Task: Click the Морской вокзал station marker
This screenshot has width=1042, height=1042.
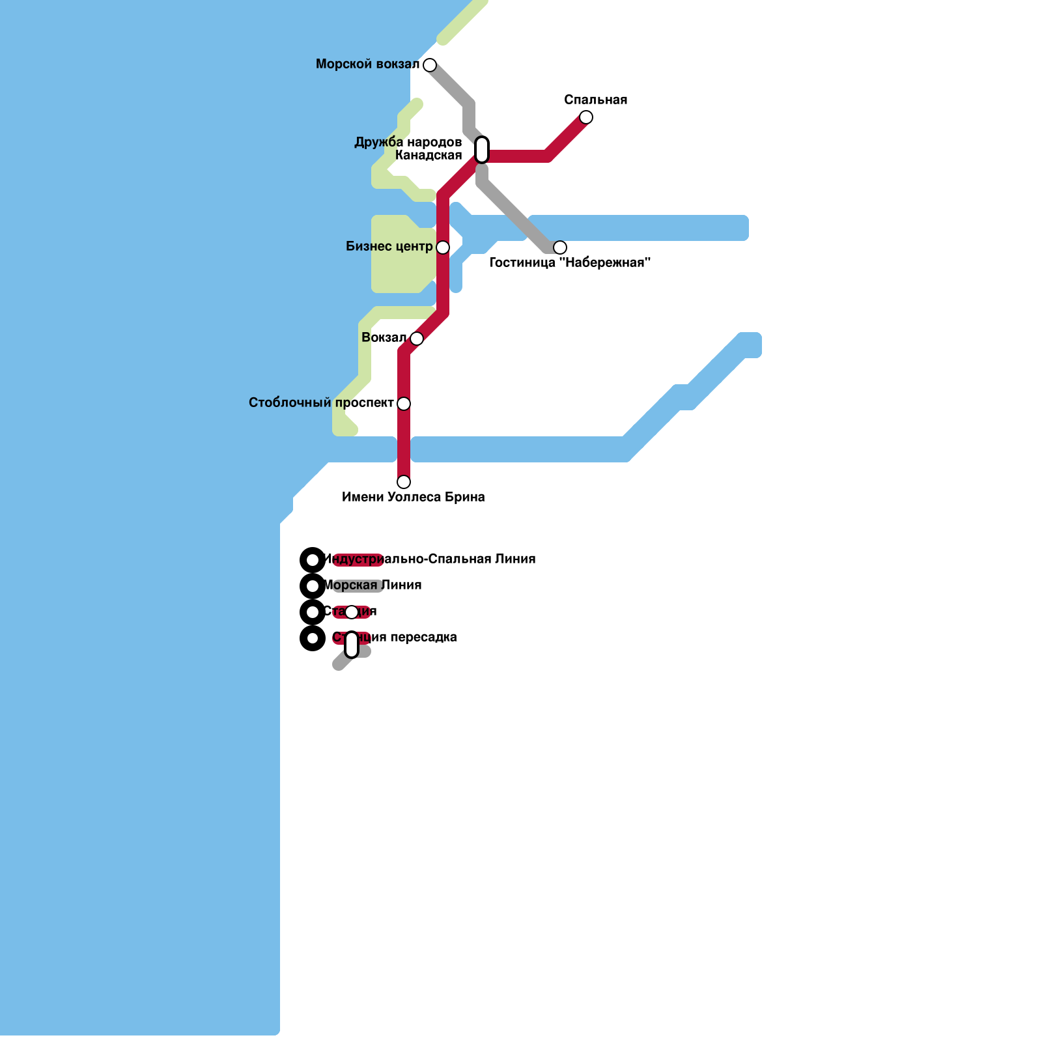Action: coord(430,65)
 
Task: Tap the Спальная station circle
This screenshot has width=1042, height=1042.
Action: coord(586,117)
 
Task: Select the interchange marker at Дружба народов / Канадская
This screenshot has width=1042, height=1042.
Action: coord(482,150)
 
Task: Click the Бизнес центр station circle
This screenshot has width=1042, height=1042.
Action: coord(443,247)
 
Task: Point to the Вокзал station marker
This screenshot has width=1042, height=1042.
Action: coord(417,339)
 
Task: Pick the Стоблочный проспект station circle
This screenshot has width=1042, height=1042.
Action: coord(404,404)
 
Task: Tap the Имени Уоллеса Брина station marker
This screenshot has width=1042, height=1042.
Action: coord(404,482)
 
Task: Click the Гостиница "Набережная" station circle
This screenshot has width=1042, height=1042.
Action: coord(560,247)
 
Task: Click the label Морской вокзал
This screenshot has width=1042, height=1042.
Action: coord(367,64)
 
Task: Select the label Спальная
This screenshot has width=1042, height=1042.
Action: coord(596,100)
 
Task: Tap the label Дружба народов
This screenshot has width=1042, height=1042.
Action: coord(408,142)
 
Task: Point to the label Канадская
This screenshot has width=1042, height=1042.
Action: coord(429,155)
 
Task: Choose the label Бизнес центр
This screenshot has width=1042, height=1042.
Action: coord(389,246)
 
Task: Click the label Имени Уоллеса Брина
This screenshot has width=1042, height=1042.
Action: coord(414,497)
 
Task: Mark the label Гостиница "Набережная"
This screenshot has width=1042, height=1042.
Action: coord(570,262)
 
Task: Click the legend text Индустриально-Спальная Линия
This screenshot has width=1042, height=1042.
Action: coord(430,559)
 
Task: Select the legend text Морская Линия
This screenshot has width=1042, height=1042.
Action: coord(373,585)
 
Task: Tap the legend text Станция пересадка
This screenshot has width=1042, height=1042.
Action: coord(395,637)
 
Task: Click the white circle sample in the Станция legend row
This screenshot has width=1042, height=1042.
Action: coord(352,612)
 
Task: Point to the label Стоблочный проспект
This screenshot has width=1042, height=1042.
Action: coord(321,402)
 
